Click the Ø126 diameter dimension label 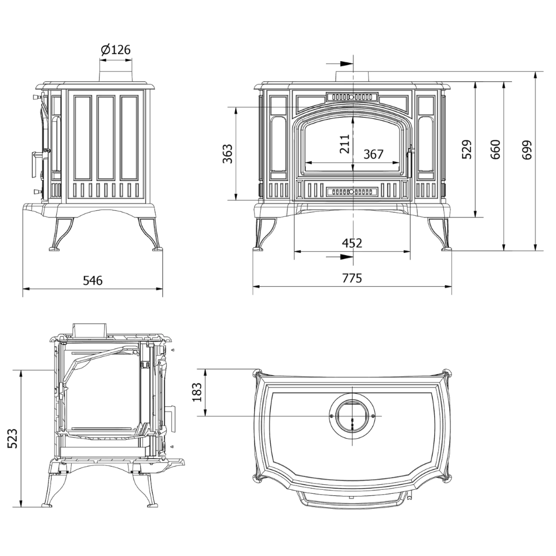pyautogui.click(x=115, y=50)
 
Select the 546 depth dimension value pyautogui.click(x=93, y=281)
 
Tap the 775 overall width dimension pyautogui.click(x=352, y=278)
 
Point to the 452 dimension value pyautogui.click(x=352, y=243)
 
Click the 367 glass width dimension pyautogui.click(x=374, y=155)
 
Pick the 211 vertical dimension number pyautogui.click(x=345, y=143)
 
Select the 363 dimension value pyautogui.click(x=227, y=153)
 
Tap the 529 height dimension pyautogui.click(x=466, y=149)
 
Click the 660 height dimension pyautogui.click(x=495, y=149)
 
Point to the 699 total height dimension pyautogui.click(x=527, y=149)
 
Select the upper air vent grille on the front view pyautogui.click(x=352, y=96)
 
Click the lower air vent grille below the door pyautogui.click(x=352, y=191)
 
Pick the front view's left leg pyautogui.click(x=264, y=234)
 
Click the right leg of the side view pyautogui.click(x=150, y=234)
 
